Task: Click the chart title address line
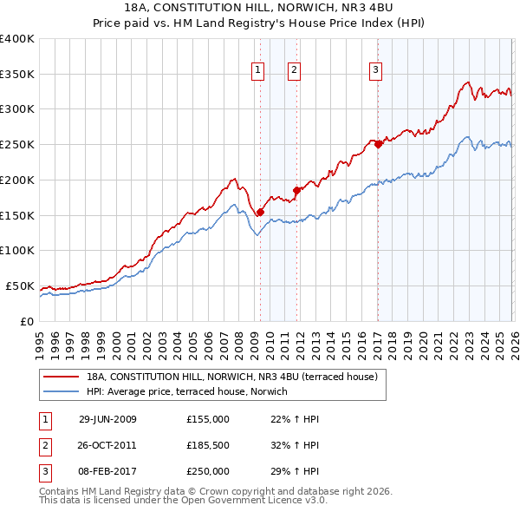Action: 259,8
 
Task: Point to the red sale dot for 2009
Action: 260,211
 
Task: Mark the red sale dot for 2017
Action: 377,144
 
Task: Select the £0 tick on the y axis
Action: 28,321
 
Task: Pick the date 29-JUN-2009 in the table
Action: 107,419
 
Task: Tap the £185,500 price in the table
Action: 208,445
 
